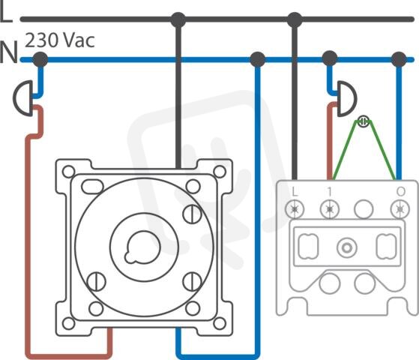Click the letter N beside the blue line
click(x=9, y=52)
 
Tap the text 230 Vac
click(x=60, y=40)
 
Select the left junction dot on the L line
click(x=178, y=19)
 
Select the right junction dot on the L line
click(x=295, y=19)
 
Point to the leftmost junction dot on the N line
click(x=40, y=59)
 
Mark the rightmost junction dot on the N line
click(x=399, y=59)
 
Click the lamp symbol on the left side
click(x=23, y=98)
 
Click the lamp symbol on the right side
click(x=347, y=98)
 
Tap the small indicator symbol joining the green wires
click(x=363, y=121)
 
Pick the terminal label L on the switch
click(x=295, y=191)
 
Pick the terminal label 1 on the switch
click(x=330, y=191)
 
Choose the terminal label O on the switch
click(x=400, y=191)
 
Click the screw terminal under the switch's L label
click(x=295, y=209)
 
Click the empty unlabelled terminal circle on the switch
click(x=364, y=209)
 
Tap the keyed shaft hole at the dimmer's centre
click(x=142, y=247)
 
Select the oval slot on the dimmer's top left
click(x=92, y=187)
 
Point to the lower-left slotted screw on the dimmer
click(x=97, y=281)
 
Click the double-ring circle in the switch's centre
click(x=347, y=248)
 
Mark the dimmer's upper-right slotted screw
click(x=192, y=214)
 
